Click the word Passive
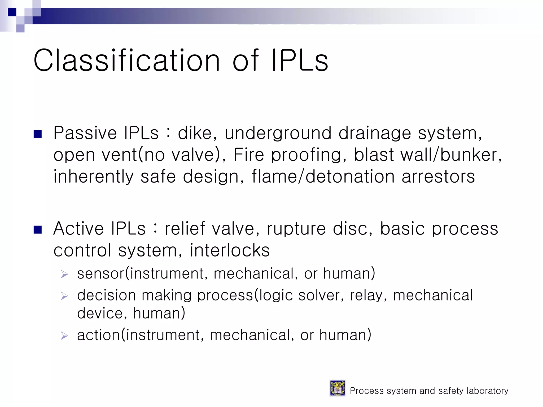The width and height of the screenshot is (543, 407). click(x=85, y=133)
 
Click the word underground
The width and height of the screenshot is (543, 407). click(x=278, y=134)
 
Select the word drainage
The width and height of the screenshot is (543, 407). click(x=375, y=134)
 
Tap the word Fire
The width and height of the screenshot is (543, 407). click(x=248, y=155)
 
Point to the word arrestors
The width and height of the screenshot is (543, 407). click(x=438, y=177)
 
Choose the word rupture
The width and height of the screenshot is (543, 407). click(x=296, y=229)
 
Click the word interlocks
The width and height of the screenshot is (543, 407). click(x=230, y=250)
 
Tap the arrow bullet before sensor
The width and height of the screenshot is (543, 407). click(x=64, y=274)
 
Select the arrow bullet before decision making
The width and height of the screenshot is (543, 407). click(x=64, y=296)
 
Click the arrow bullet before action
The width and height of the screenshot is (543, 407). click(x=64, y=336)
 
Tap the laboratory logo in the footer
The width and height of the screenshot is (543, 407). click(x=337, y=388)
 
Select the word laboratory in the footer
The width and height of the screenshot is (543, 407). click(x=487, y=391)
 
